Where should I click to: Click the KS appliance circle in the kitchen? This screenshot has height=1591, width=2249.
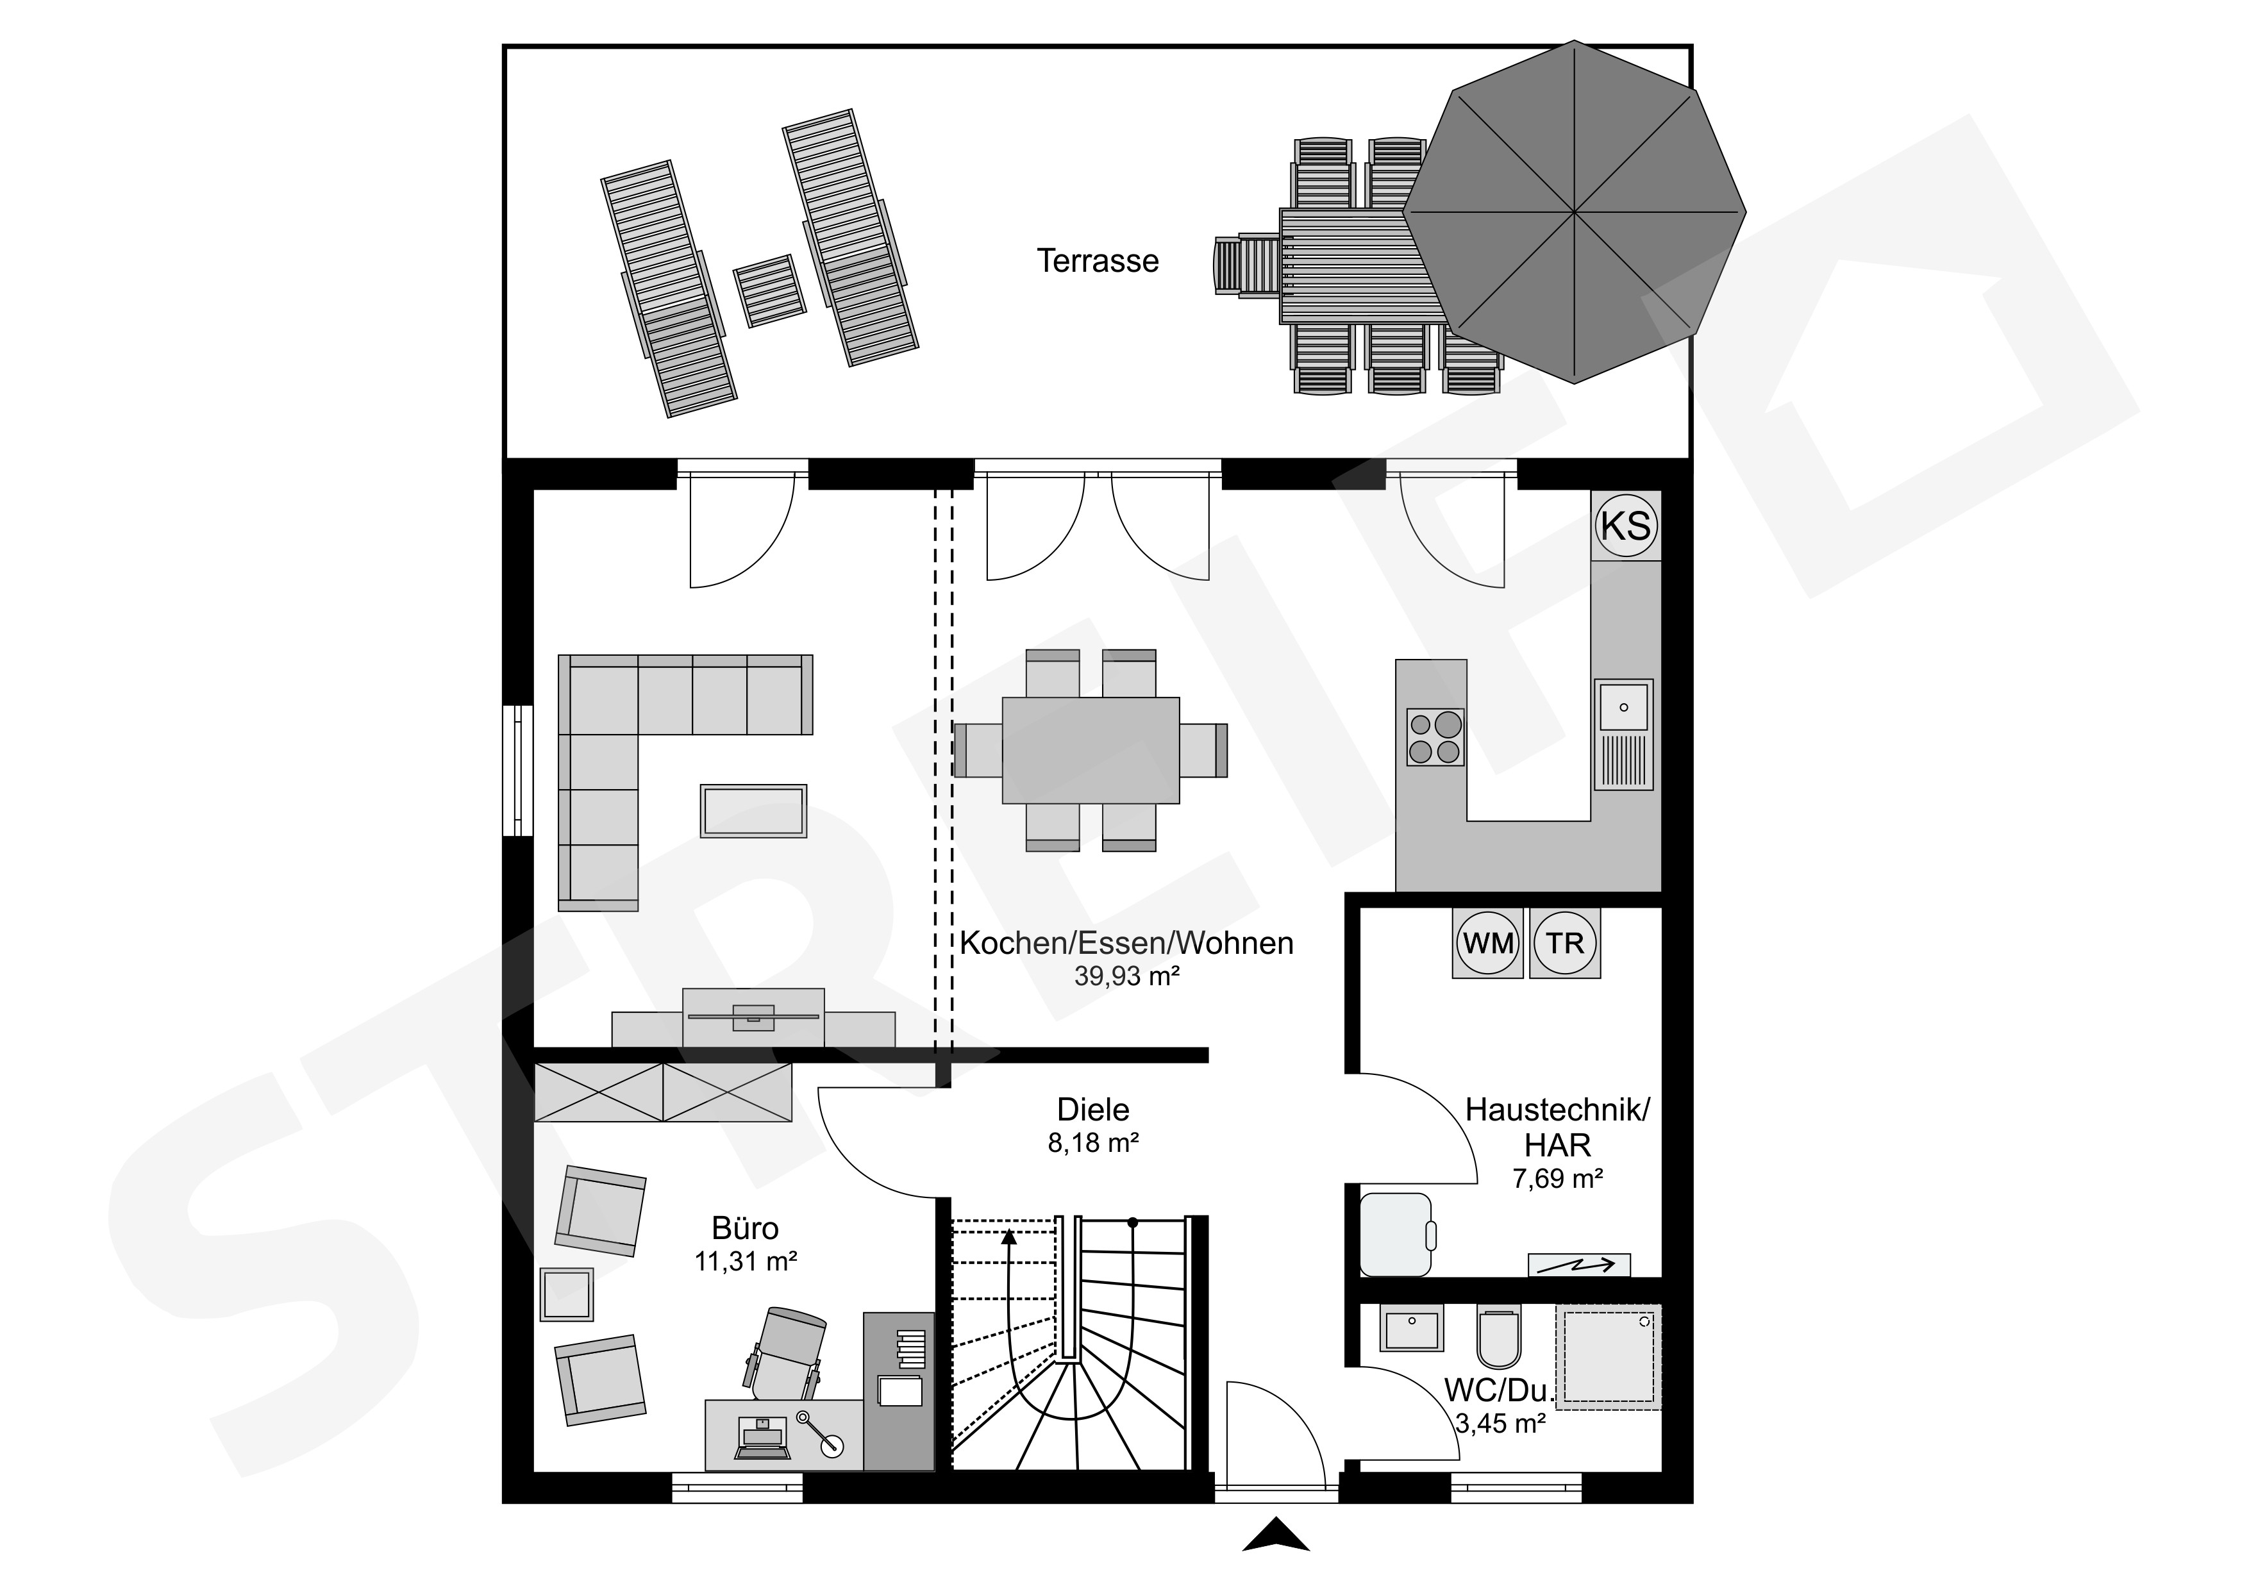pyautogui.click(x=1626, y=526)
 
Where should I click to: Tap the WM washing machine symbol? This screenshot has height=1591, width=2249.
pyautogui.click(x=1488, y=944)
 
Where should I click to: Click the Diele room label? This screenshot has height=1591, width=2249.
pyautogui.click(x=1093, y=1110)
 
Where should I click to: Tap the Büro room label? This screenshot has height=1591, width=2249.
pyautogui.click(x=746, y=1229)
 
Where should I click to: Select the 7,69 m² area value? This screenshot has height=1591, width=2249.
pyautogui.click(x=1557, y=1179)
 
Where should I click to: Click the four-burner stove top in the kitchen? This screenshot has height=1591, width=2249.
pyautogui.click(x=1435, y=737)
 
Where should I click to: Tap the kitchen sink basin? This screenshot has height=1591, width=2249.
pyautogui.click(x=1623, y=707)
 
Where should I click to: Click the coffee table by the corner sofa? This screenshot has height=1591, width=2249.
pyautogui.click(x=753, y=810)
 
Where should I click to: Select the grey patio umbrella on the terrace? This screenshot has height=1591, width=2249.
pyautogui.click(x=1574, y=211)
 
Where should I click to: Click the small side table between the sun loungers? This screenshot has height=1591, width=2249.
pyautogui.click(x=770, y=291)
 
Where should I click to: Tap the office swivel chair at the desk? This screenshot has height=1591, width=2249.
pyautogui.click(x=787, y=1353)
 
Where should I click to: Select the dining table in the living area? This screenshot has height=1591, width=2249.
pyautogui.click(x=1091, y=751)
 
